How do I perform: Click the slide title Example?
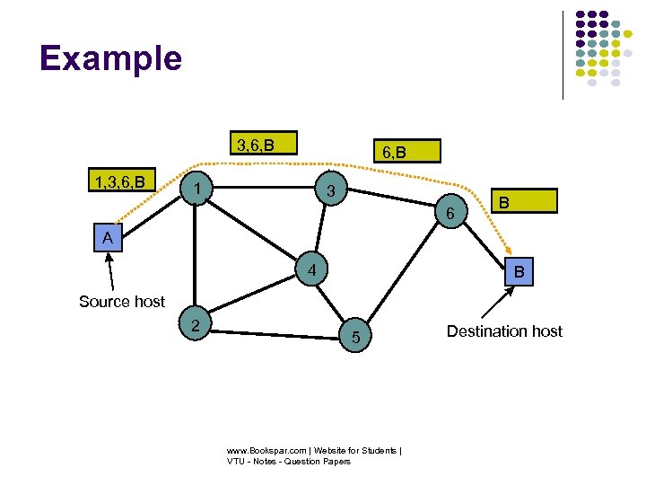[110, 58]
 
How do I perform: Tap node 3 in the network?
[330, 191]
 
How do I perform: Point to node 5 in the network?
[355, 337]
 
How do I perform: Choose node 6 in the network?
[450, 213]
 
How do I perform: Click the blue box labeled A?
[108, 238]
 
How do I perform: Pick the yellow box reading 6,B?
[394, 152]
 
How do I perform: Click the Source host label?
[122, 302]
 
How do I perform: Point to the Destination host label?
[504, 331]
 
